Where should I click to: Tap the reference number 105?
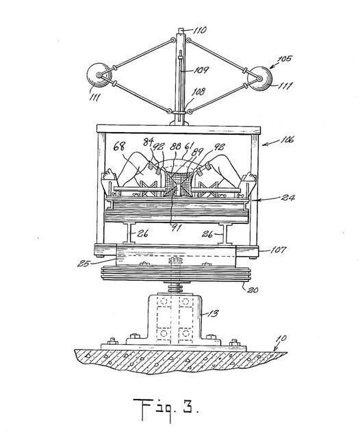[284, 59]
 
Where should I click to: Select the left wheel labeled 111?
[99, 75]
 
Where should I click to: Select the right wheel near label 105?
[260, 79]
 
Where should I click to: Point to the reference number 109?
[201, 70]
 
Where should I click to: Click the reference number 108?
[198, 92]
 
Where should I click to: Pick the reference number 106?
[285, 140]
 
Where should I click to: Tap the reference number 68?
[119, 146]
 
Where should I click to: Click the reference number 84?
[148, 142]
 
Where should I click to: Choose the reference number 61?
[189, 146]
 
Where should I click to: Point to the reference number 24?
[288, 198]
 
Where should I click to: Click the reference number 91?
[177, 228]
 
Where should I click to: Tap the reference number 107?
[279, 249]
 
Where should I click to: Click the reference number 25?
[83, 263]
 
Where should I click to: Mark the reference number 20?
[252, 289]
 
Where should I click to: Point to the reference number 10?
[281, 339]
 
